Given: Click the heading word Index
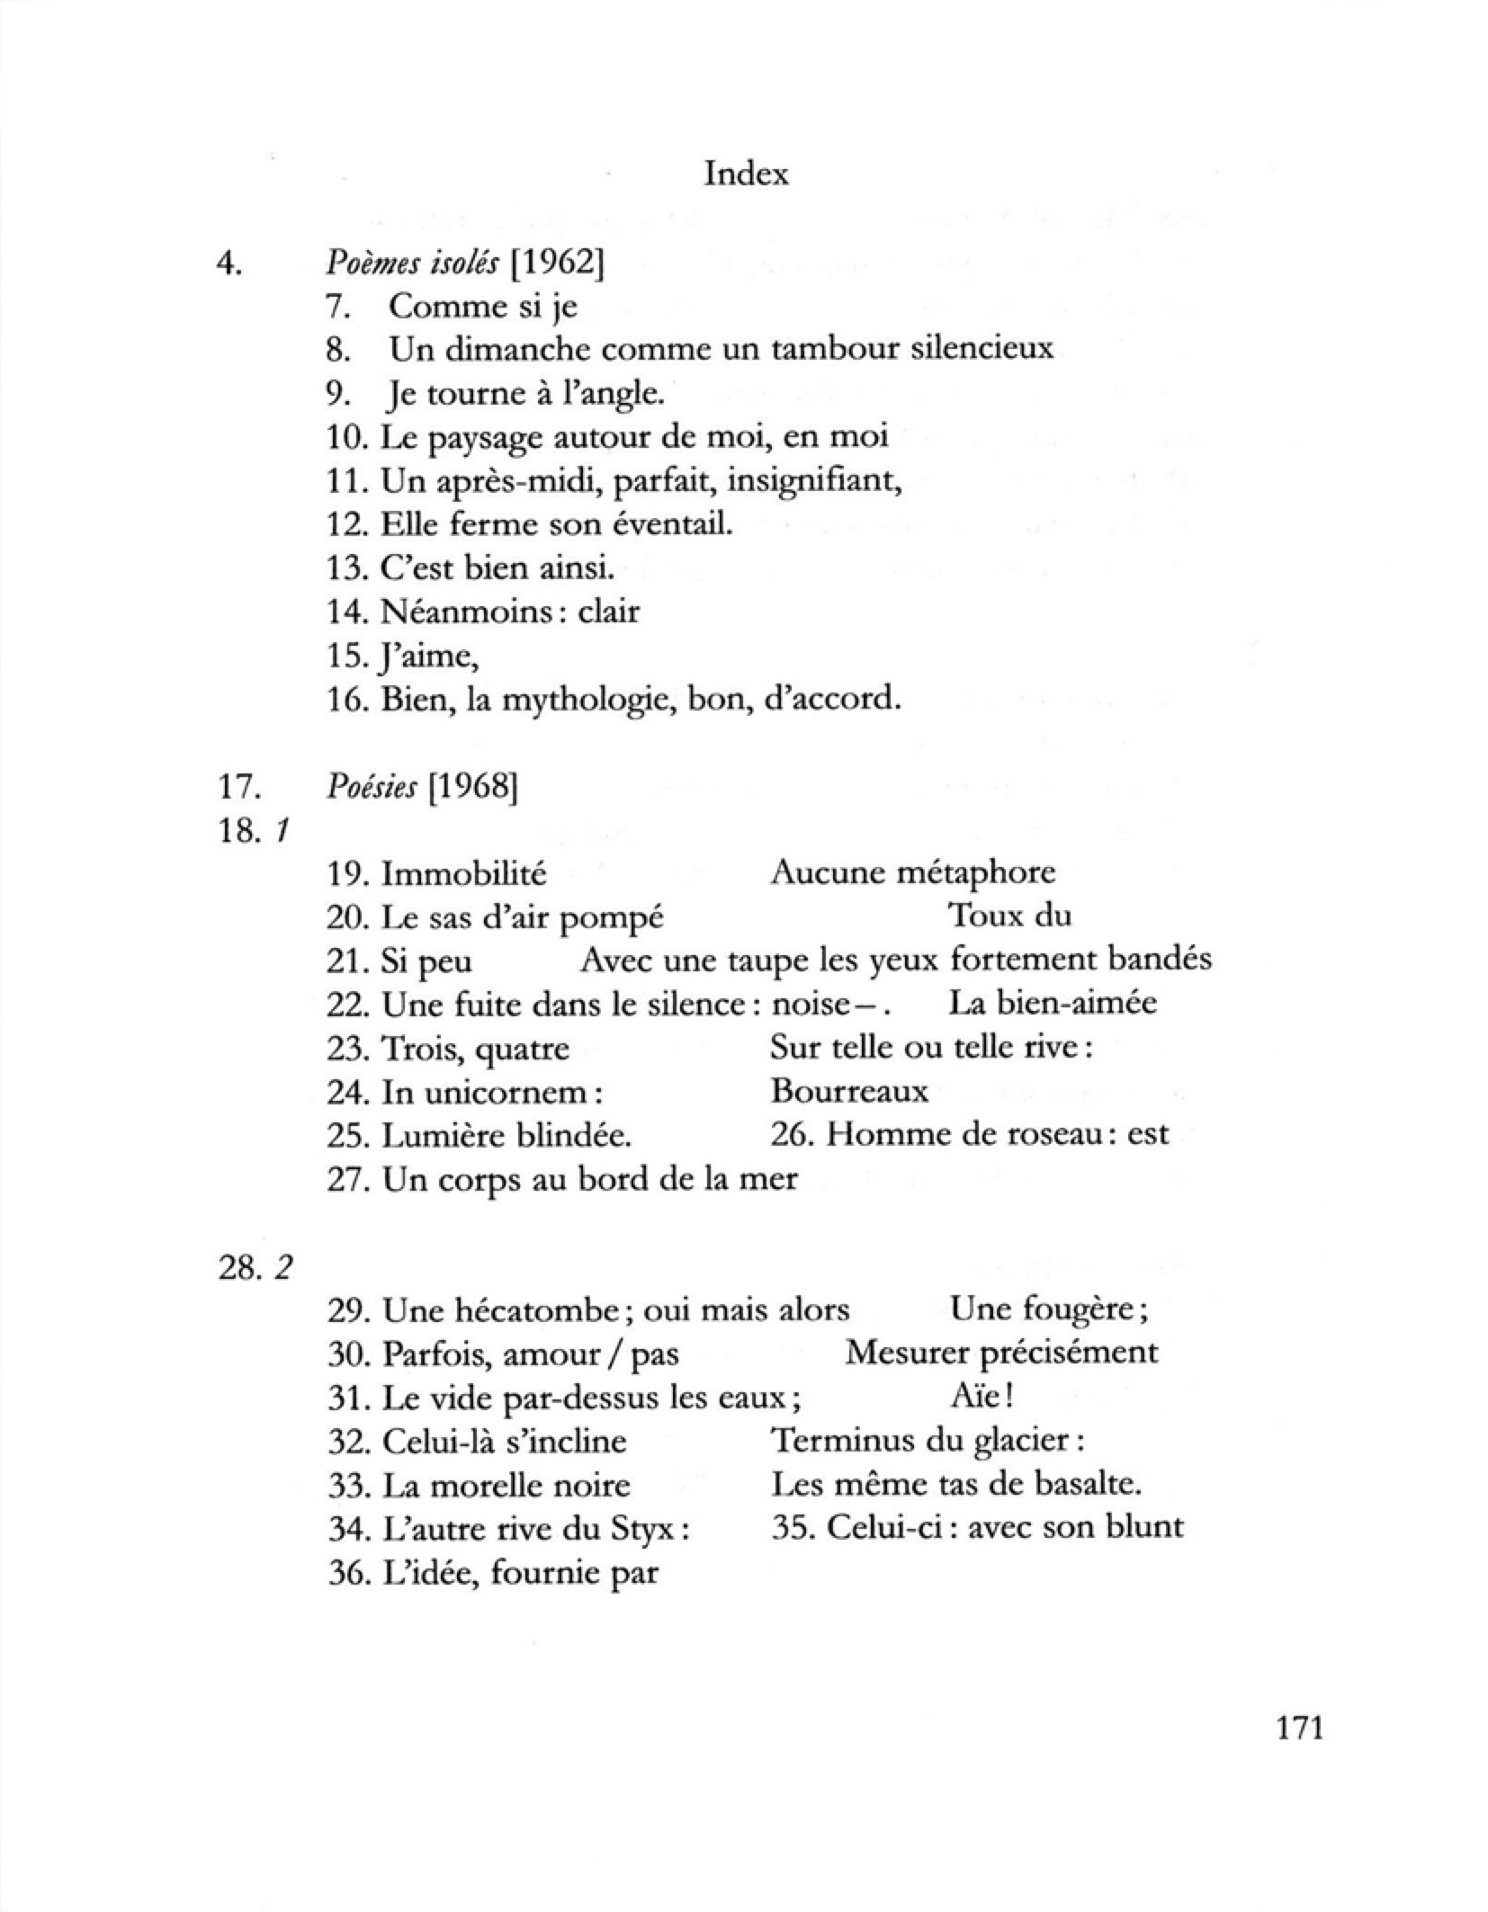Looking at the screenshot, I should tap(745, 173).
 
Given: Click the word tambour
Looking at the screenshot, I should tap(849, 348).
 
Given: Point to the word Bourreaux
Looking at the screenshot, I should tap(849, 1091).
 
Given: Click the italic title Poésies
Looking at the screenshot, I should tap(372, 788).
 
